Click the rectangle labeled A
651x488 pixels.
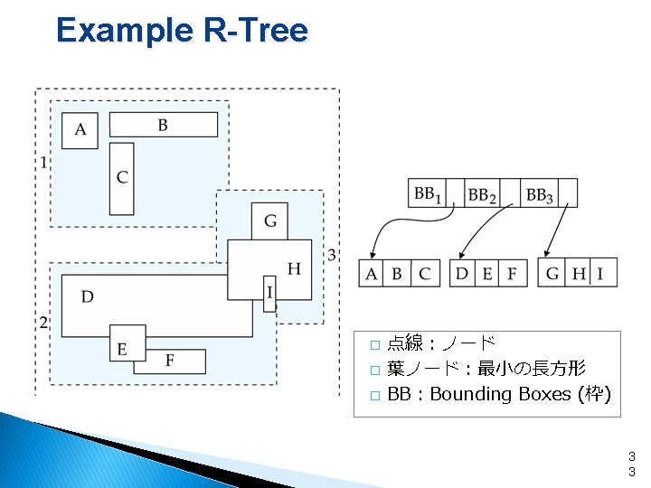coord(80,130)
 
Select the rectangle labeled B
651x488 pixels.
coord(163,125)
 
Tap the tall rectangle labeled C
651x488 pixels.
coord(121,178)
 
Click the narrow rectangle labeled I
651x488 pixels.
coord(269,293)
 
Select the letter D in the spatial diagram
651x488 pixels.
coord(87,296)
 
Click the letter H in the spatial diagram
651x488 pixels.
coord(294,268)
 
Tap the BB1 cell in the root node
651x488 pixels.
coord(428,193)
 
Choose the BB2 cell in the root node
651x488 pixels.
coord(482,193)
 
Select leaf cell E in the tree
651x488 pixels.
coord(488,273)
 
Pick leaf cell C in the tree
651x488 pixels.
coord(424,273)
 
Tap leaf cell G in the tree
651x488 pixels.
coord(552,273)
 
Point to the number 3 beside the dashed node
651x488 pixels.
coord(332,256)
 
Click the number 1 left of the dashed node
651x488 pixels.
coord(42,164)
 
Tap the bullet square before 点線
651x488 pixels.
coord(374,344)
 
